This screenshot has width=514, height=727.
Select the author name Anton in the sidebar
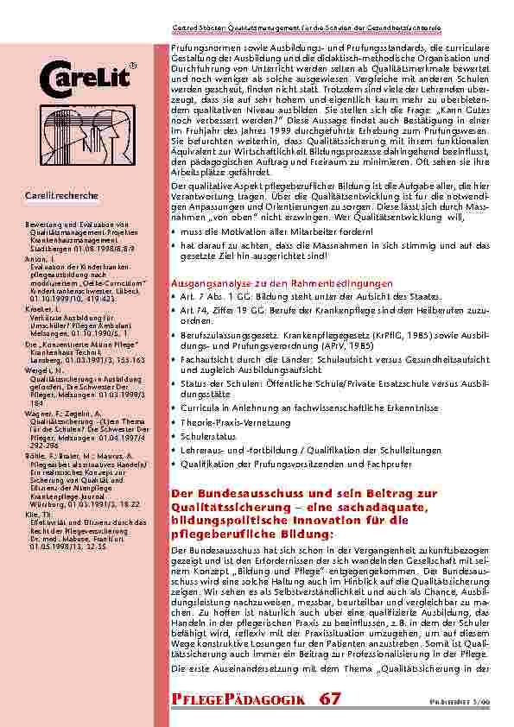35,260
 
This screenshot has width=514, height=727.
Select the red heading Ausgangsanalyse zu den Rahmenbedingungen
282,283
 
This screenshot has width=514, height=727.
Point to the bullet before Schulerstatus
175,438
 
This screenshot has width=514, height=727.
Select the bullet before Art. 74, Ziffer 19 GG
175,310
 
